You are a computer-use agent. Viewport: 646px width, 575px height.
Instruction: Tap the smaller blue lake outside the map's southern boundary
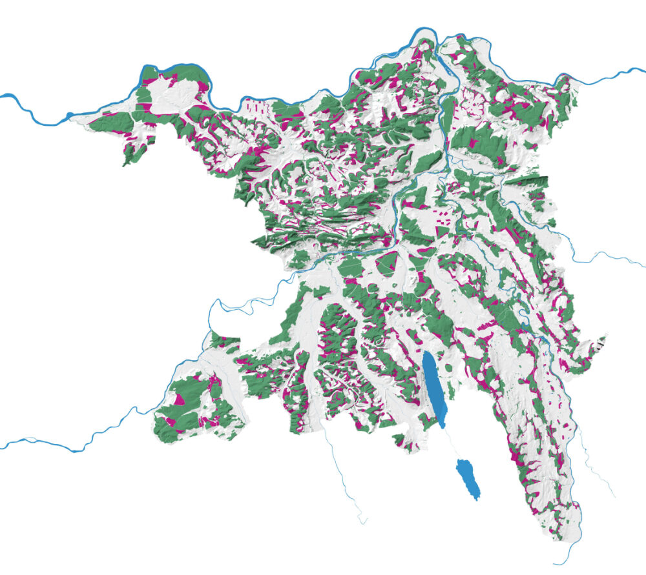point(470,479)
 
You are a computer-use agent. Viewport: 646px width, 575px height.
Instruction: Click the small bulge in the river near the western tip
point(70,117)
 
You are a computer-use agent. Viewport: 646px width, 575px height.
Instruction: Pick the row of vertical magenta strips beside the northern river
point(255,106)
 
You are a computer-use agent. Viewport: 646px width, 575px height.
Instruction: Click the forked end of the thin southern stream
point(364,520)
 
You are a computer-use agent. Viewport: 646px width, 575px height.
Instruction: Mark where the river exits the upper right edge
point(643,68)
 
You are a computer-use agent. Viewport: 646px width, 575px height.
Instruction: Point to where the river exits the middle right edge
point(643,264)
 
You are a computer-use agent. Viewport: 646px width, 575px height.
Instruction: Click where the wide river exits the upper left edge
point(3,96)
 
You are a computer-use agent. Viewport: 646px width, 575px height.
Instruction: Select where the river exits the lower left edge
point(3,446)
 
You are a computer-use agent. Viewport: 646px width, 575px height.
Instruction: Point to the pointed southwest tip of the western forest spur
point(125,164)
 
